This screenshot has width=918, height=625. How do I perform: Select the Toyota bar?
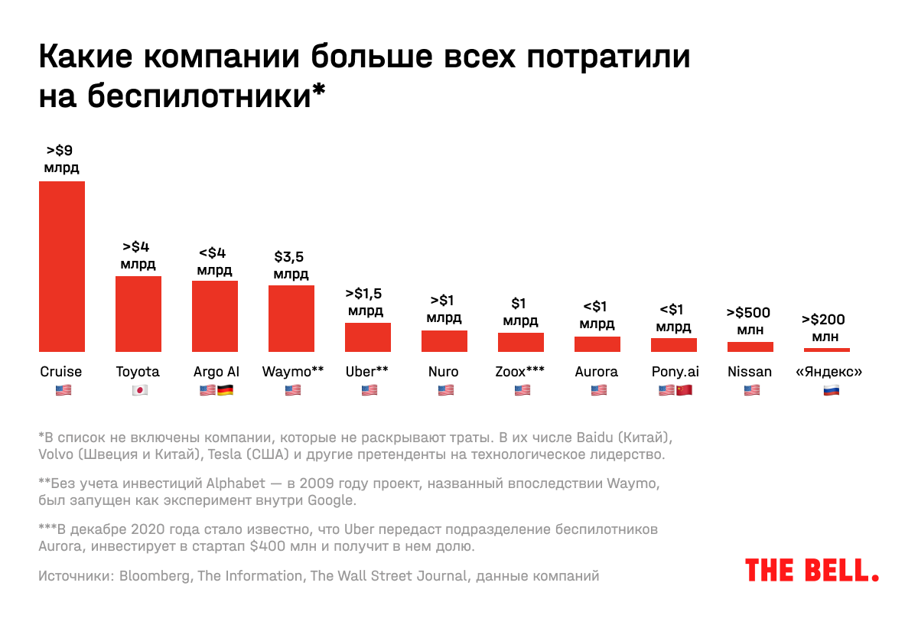138,314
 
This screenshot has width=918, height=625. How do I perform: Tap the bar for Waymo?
291,318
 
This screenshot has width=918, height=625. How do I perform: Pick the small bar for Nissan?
750,347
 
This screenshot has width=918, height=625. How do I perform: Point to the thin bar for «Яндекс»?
827,350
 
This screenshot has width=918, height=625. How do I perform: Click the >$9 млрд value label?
61,159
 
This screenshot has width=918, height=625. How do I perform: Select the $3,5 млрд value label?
291,265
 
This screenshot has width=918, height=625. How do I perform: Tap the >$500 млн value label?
749,321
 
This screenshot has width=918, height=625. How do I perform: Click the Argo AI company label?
216,372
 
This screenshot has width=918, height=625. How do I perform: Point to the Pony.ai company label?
675,372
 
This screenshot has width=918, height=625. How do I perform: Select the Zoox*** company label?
520,372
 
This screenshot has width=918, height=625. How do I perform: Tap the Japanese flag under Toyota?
139,390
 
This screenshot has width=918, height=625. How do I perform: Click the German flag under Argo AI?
225,390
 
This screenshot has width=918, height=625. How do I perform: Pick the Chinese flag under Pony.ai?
684,390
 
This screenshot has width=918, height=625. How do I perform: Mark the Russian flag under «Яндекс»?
829,390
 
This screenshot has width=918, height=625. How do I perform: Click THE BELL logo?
812,570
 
